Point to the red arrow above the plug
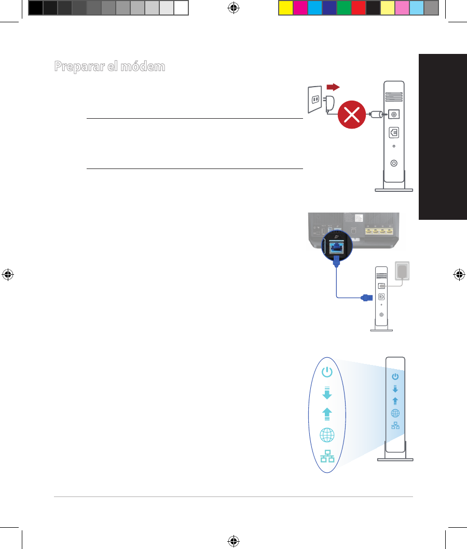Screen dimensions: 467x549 click(x=330, y=86)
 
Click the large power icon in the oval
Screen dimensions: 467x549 click(x=327, y=372)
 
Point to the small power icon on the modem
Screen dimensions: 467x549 click(x=395, y=376)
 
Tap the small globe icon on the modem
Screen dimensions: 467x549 click(x=395, y=413)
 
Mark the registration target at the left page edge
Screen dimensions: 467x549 click(x=8, y=275)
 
